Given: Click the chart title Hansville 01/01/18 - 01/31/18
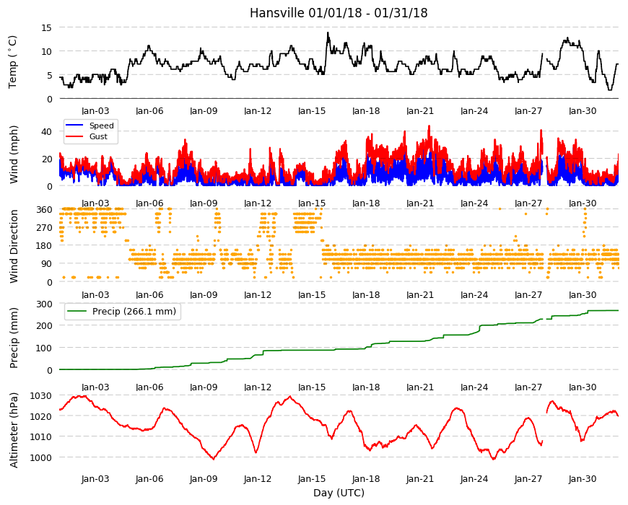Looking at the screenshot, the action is (x=339, y=13).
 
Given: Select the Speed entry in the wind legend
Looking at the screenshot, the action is (x=101, y=126).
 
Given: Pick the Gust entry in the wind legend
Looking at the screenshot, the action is (x=98, y=136).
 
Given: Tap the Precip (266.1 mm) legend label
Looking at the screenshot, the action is (x=134, y=312).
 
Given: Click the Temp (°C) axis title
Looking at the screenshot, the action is (x=13, y=62).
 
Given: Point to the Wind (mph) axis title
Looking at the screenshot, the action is (x=14, y=154).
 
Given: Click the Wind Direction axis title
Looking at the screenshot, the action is (x=14, y=246).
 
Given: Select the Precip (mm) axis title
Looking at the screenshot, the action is (x=14, y=338).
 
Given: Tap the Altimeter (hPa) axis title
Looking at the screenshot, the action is (x=14, y=430).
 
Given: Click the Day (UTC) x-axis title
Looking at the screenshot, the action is (x=339, y=493).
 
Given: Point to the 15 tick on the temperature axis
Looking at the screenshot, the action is (x=46, y=27).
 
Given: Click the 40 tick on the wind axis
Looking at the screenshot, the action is (x=46, y=131).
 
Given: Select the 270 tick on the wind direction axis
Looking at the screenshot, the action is (x=44, y=228).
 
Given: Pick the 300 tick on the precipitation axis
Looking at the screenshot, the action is (x=44, y=304).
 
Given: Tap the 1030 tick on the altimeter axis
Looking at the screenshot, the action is (x=41, y=396).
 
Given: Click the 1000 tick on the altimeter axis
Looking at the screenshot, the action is (x=41, y=457).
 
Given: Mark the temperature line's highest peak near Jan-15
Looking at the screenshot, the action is (x=328, y=32).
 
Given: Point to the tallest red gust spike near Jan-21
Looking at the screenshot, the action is (x=429, y=126).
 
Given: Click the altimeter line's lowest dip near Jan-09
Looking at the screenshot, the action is (x=214, y=459).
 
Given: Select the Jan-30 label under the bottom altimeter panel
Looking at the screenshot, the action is (x=583, y=479).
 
